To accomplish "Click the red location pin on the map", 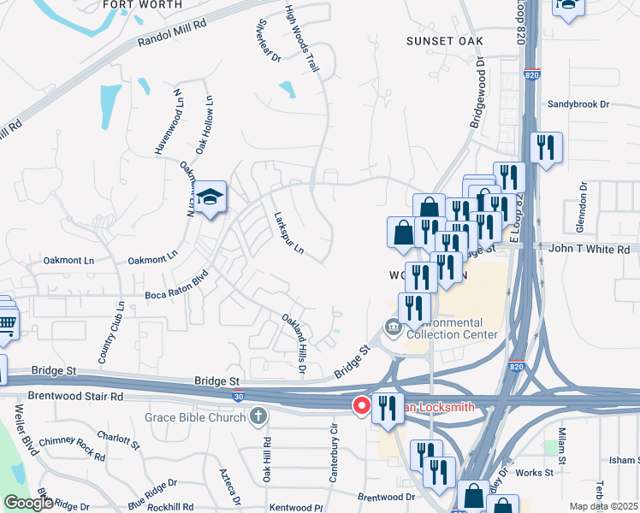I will (362, 406).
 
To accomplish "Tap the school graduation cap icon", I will (209, 198).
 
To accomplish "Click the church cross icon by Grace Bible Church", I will (258, 416).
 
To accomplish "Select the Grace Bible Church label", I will (195, 417).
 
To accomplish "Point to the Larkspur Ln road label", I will (288, 233).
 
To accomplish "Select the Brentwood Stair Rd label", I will (75, 397).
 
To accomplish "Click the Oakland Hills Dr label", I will (294, 343).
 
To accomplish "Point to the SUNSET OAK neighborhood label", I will (443, 41).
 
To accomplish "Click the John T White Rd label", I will (590, 249).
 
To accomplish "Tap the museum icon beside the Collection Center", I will (392, 327).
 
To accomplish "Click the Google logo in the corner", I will (28, 503).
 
